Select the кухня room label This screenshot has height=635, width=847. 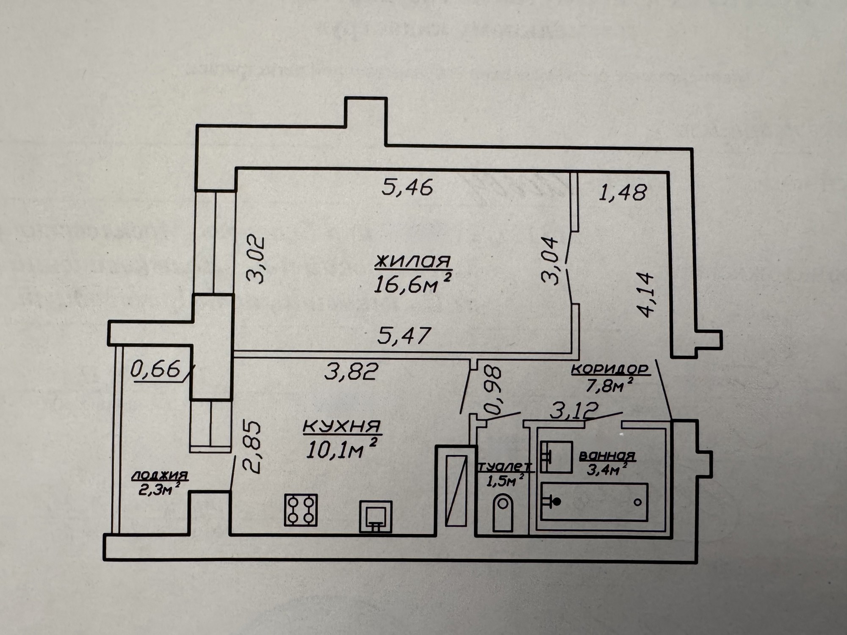[x=342, y=426]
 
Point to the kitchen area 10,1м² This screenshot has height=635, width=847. [x=341, y=449]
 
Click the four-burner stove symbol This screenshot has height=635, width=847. [x=301, y=510]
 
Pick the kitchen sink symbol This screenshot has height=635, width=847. [x=376, y=516]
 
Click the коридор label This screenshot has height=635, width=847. [x=610, y=370]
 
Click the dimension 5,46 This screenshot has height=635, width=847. [x=407, y=187]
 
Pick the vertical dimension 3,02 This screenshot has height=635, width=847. [x=255, y=259]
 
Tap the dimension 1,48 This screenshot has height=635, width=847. [x=623, y=193]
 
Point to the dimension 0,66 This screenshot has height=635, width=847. [x=155, y=371]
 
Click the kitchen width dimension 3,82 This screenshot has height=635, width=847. [x=351, y=372]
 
